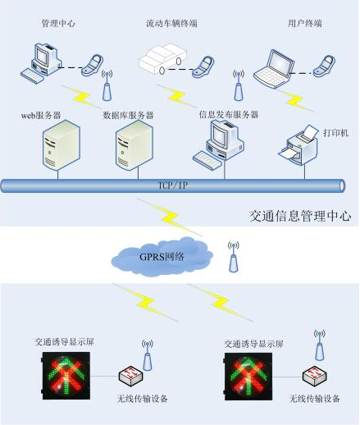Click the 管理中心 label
[x=58, y=24]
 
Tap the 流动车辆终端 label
[x=171, y=24]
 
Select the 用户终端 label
[x=305, y=24]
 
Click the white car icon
[x=162, y=58]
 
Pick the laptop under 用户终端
[x=274, y=69]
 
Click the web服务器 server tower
[x=62, y=145]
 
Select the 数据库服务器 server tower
[x=134, y=145]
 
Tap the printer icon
[x=299, y=144]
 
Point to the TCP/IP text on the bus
[x=173, y=185]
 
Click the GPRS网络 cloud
[x=162, y=256]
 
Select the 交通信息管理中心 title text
[x=300, y=216]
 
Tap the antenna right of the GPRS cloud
[x=234, y=257]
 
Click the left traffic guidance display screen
[x=66, y=376]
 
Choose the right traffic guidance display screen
[x=248, y=377]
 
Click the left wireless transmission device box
[x=130, y=376]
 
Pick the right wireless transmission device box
[x=314, y=376]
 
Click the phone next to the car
[x=203, y=67]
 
